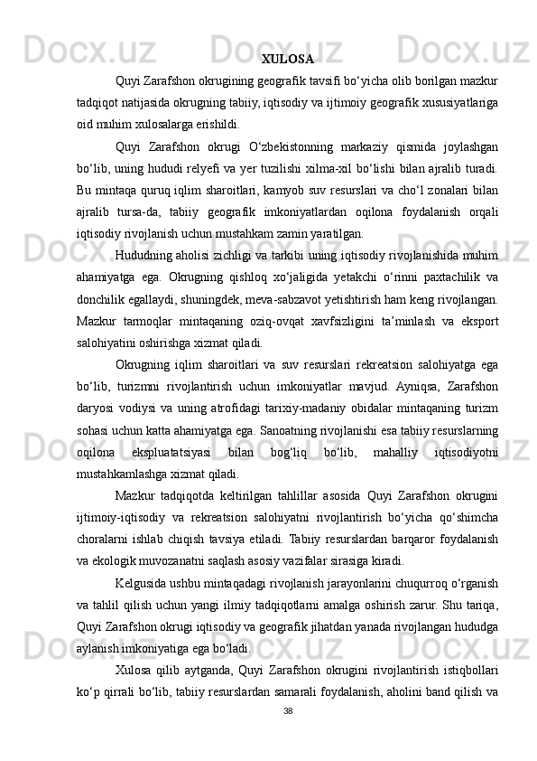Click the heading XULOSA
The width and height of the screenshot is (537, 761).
287,61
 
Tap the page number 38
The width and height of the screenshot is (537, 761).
286,735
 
